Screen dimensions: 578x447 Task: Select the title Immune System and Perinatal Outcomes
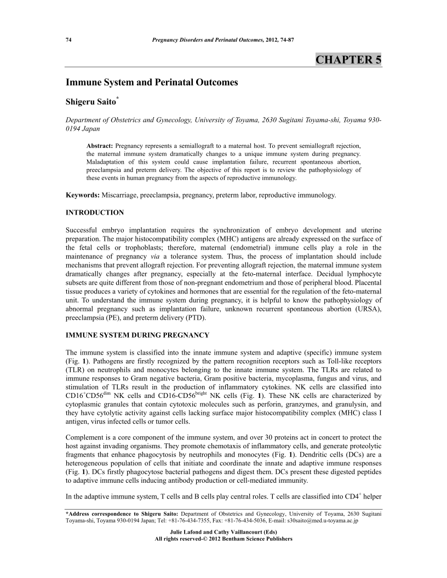coord(152,83)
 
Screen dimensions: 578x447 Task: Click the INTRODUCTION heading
coord(95,212)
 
